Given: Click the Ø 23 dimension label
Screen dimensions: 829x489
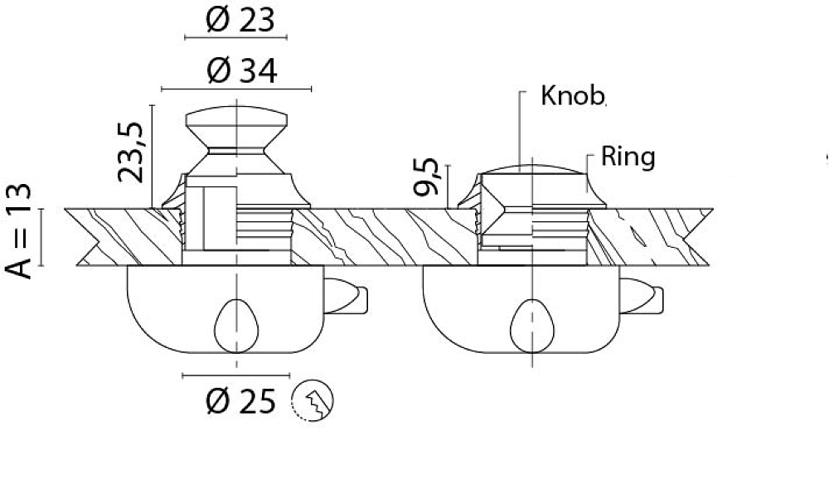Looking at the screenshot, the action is [x=240, y=20].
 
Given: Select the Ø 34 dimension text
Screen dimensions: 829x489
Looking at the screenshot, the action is [x=241, y=70].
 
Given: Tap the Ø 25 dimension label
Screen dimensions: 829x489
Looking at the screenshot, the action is [x=240, y=401].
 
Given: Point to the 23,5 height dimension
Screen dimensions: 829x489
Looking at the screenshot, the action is [x=131, y=153].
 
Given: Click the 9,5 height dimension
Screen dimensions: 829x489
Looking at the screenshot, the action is [x=426, y=177].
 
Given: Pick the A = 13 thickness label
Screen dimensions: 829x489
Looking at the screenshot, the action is [x=18, y=231].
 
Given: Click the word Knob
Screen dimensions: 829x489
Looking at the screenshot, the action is [x=573, y=95].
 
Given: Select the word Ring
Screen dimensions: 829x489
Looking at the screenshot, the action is [x=628, y=157].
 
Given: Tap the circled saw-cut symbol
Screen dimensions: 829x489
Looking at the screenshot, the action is [x=313, y=400].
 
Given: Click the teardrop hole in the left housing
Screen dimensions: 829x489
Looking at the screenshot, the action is [x=236, y=327].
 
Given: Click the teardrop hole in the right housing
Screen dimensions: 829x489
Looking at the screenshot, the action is [x=532, y=327].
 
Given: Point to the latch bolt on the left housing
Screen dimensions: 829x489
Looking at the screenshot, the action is [x=345, y=296].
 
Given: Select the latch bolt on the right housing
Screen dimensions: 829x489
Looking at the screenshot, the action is [x=642, y=296].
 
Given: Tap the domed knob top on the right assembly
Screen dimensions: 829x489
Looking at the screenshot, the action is [x=533, y=169].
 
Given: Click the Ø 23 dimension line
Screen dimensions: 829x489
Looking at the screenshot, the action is [x=235, y=37].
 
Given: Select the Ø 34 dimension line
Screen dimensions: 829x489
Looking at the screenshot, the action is [x=236, y=89].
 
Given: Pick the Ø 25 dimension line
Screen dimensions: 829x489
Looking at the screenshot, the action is [x=235, y=376].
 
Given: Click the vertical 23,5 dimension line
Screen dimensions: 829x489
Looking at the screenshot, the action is [x=153, y=157].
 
